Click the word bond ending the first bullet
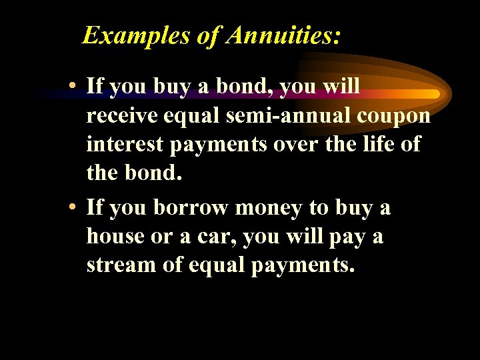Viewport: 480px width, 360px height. pos(157,173)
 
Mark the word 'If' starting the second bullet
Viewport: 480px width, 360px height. pos(95,207)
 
